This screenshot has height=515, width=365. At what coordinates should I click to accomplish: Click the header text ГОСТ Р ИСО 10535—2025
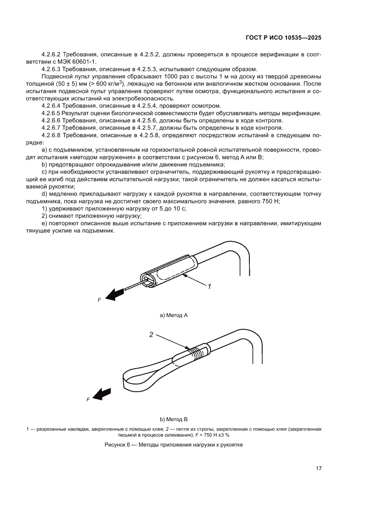[x=283, y=38]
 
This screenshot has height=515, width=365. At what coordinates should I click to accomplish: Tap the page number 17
[x=318, y=468]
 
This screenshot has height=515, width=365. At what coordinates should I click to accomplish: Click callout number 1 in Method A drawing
[x=210, y=286]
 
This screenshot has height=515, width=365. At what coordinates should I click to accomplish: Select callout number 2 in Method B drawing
[x=151, y=334]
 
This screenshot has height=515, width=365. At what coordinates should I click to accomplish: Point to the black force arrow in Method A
[x=115, y=294]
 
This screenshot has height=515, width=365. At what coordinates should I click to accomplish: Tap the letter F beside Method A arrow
[x=99, y=300]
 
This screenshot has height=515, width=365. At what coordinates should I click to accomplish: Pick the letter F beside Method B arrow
[x=88, y=400]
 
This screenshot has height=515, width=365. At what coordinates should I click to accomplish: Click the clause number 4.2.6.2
[x=51, y=54]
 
